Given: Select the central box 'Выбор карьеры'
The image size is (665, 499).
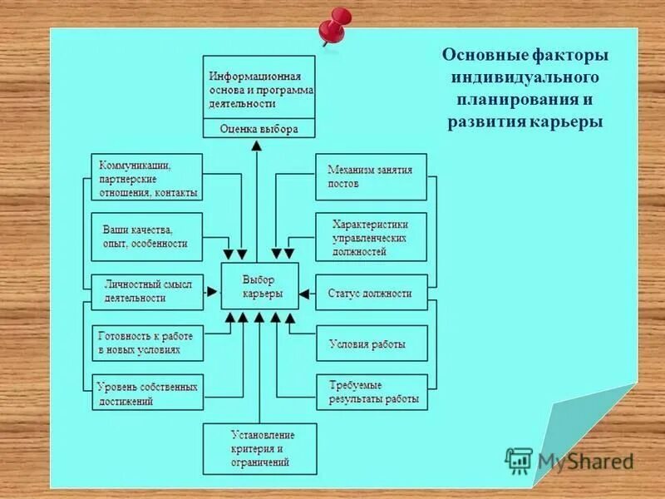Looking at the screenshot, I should pyautogui.click(x=259, y=286).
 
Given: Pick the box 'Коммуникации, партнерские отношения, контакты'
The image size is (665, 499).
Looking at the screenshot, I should pyautogui.click(x=146, y=177).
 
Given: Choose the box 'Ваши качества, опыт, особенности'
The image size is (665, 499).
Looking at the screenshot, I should pyautogui.click(x=146, y=236).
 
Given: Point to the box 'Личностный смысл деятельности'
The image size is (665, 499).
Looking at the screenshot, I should pyautogui.click(x=146, y=291).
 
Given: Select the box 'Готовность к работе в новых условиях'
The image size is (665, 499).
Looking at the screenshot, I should pyautogui.click(x=146, y=343).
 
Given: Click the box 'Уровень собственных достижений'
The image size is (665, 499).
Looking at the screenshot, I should pyautogui.click(x=146, y=393).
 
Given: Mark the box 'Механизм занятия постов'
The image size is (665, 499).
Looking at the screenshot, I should pyautogui.click(x=371, y=176).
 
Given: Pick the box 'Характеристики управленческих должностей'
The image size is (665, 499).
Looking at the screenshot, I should pyautogui.click(x=371, y=236).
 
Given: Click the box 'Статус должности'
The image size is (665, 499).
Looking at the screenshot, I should pyautogui.click(x=371, y=293).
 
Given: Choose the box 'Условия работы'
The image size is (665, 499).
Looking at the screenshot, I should pyautogui.click(x=371, y=343).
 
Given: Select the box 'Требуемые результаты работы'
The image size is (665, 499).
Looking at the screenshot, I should pyautogui.click(x=371, y=393).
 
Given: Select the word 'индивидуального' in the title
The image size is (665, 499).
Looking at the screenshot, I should pyautogui.click(x=526, y=78).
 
